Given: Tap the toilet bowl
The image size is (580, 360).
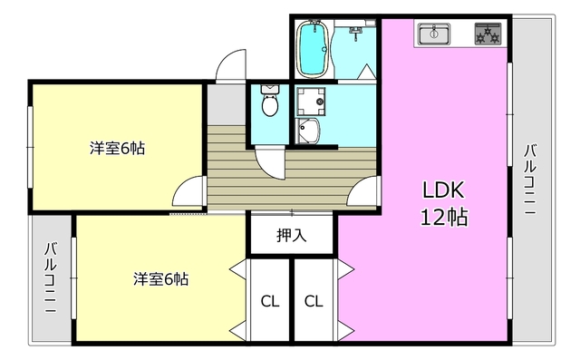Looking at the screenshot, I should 269,102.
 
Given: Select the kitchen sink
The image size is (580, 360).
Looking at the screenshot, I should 433,35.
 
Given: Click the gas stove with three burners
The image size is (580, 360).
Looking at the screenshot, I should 488,35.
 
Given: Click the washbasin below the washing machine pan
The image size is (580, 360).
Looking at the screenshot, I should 309,132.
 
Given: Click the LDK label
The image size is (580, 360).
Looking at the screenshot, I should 443,190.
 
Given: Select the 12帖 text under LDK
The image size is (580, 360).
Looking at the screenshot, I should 443,218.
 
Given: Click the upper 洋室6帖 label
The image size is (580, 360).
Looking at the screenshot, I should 117,148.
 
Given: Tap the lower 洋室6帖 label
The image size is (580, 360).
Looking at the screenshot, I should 161,278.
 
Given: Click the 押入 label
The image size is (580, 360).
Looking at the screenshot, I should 292,236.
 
